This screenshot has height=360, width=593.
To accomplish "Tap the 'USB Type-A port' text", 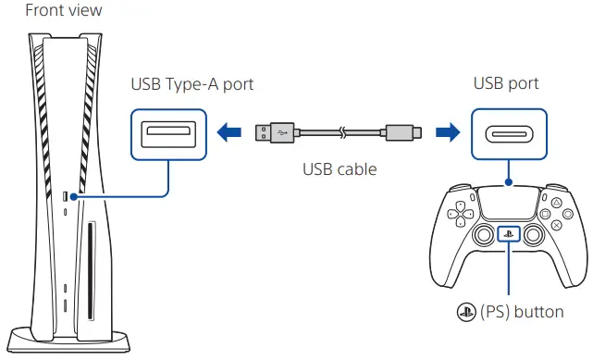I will [x=192, y=85].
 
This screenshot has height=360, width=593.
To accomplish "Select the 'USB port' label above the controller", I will [x=507, y=85].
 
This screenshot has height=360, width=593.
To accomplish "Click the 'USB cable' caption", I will [x=339, y=170].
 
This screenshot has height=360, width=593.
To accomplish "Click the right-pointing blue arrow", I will [x=448, y=133].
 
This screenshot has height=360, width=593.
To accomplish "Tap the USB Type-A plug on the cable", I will [x=272, y=133].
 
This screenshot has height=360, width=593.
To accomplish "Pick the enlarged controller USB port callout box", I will [x=508, y=133].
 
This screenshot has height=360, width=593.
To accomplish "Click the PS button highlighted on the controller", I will [x=509, y=234].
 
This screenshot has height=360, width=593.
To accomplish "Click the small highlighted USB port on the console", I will [x=65, y=196].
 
